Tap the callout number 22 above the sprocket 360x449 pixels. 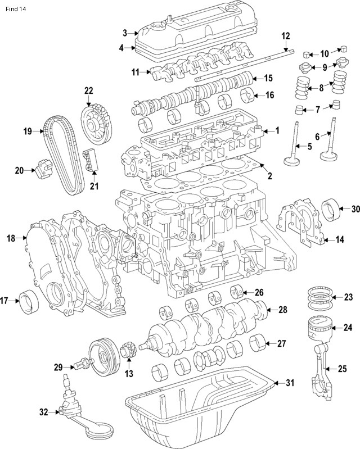[x=88, y=90]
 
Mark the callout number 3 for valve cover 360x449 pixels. [x=125, y=33]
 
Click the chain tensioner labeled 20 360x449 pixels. [x=44, y=167]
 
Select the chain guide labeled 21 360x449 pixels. [x=89, y=160]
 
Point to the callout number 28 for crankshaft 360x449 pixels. [x=283, y=310]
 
